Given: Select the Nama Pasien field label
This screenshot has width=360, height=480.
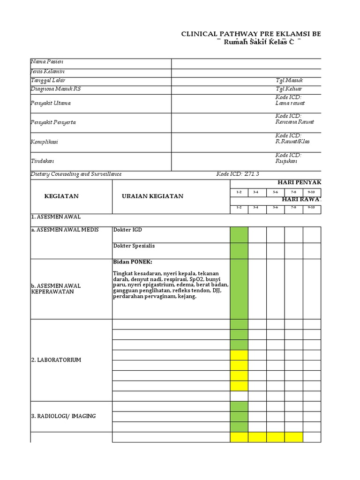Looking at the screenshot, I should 47,62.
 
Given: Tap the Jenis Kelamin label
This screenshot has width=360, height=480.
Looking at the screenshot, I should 48,71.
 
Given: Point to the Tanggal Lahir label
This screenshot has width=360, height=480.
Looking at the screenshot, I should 48,81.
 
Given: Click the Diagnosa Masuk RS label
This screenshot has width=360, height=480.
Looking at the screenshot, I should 55,89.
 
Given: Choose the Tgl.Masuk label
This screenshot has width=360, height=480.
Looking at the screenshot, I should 290,81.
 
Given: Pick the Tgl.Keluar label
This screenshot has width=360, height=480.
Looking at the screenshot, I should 289,89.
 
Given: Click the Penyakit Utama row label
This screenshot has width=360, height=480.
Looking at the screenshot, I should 51,103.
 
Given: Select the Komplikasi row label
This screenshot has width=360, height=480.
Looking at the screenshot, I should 45,142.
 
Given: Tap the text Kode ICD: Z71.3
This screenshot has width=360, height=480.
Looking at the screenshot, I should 238,174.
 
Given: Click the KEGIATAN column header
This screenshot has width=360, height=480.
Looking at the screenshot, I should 61,196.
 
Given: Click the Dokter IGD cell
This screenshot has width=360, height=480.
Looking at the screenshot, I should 127,230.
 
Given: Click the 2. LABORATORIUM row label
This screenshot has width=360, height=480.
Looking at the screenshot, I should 56,360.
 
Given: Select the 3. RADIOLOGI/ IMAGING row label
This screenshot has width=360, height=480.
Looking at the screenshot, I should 63,416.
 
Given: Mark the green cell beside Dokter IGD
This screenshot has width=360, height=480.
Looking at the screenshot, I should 239,234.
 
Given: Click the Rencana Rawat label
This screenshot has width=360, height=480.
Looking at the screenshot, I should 295,122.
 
